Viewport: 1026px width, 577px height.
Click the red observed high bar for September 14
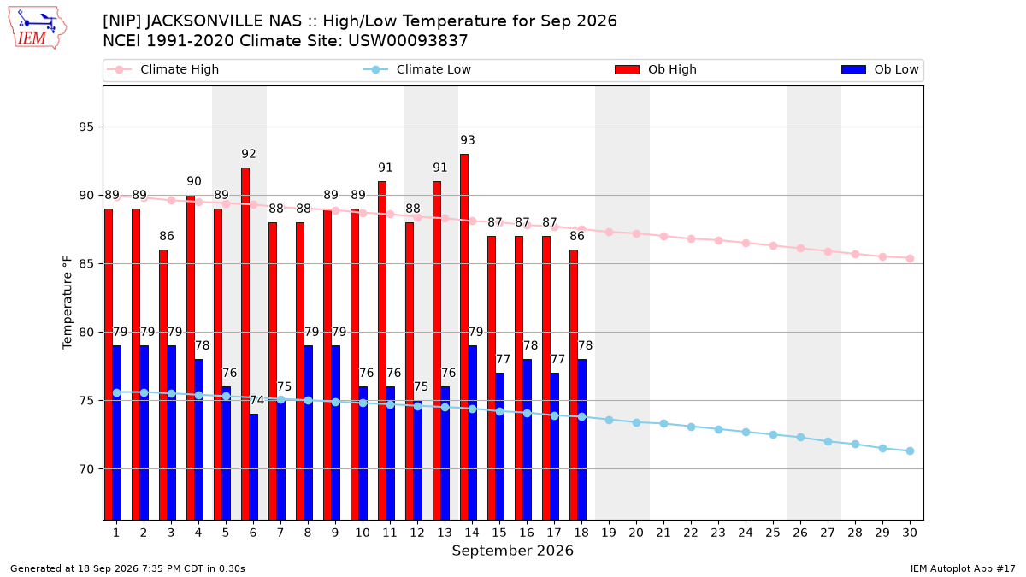[x=464, y=337]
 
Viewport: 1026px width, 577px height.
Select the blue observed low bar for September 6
[x=253, y=467]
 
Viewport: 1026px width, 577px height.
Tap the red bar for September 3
[x=163, y=385]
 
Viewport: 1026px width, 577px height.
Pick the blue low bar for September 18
[x=581, y=439]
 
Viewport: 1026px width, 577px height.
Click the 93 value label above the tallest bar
[x=467, y=140]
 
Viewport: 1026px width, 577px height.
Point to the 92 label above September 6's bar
[x=248, y=154]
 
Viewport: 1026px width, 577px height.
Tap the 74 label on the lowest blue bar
[x=257, y=400]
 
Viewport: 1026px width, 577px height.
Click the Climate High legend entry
[x=163, y=69]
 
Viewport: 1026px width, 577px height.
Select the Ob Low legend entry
[x=880, y=69]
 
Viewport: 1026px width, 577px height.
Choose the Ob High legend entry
[x=656, y=69]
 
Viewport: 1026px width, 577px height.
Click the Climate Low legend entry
[x=417, y=69]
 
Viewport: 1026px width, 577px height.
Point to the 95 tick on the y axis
[x=86, y=127]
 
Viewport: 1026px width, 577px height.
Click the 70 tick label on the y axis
[x=86, y=469]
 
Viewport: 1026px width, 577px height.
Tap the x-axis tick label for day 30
[x=910, y=533]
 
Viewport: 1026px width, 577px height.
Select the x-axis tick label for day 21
[x=663, y=533]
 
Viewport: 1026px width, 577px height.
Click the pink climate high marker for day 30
[x=910, y=259]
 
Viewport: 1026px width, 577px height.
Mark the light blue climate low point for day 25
[x=773, y=434]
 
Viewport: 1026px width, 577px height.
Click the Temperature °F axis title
[x=68, y=303]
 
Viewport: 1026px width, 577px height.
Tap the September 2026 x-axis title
[x=512, y=551]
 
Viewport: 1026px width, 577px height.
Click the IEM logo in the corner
[x=37, y=27]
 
